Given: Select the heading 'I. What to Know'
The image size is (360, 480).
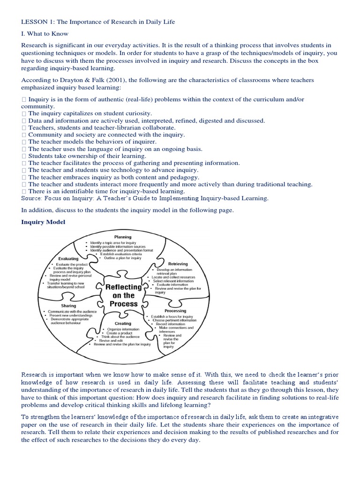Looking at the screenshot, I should point(45,34).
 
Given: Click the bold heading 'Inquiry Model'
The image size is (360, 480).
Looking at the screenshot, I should point(43,222).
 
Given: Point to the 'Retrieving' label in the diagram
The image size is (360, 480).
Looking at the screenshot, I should point(178,264).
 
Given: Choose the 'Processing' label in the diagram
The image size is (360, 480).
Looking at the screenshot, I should point(175,310).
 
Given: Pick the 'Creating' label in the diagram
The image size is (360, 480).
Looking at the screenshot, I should point(123,323).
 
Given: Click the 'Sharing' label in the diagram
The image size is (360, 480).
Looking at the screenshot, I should point(68,306).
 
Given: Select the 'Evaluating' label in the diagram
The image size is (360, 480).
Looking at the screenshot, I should point(68,258).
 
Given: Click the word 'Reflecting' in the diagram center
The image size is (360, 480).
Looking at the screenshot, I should point(123,287).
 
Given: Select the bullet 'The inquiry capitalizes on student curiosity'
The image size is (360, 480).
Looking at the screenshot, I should point(90,113).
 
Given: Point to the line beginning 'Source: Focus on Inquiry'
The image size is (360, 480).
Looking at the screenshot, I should point(145,198).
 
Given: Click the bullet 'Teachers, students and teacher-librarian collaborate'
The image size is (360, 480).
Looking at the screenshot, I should point(102,127).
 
